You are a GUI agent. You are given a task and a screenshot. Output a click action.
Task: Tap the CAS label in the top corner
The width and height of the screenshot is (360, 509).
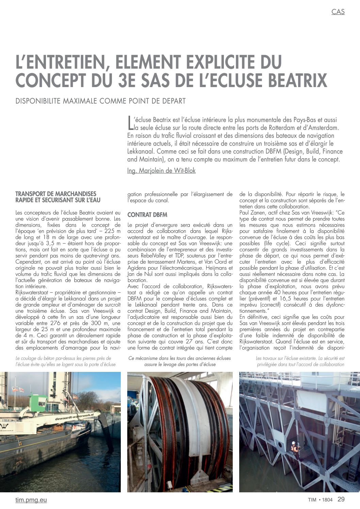click(x=338, y=12)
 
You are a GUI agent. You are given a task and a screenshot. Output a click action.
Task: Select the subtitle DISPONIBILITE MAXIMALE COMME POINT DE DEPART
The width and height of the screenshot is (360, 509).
click(x=101, y=101)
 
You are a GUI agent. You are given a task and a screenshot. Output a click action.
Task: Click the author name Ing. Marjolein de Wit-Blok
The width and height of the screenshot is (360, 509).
click(x=161, y=171)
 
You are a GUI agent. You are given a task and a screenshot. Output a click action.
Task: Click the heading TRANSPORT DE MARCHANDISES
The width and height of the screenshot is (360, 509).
click(x=56, y=194)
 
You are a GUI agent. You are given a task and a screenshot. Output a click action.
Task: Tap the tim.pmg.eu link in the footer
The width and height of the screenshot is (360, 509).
click(x=31, y=500)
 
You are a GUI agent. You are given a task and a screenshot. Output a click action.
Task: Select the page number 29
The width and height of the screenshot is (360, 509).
click(x=341, y=499)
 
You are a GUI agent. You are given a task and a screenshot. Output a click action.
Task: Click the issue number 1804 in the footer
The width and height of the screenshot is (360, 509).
click(x=327, y=500)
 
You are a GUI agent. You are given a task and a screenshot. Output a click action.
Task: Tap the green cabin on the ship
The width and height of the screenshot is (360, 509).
click(x=39, y=403)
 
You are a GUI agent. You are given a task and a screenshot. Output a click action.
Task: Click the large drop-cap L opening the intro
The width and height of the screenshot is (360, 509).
click(x=130, y=123)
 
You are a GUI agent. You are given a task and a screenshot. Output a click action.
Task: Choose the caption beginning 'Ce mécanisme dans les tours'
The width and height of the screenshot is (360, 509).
click(x=180, y=361)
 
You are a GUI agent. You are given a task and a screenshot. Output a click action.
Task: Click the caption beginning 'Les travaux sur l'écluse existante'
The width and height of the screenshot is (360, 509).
click(x=300, y=361)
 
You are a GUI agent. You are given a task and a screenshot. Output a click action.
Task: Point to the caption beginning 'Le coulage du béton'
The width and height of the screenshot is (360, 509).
click(x=66, y=361)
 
